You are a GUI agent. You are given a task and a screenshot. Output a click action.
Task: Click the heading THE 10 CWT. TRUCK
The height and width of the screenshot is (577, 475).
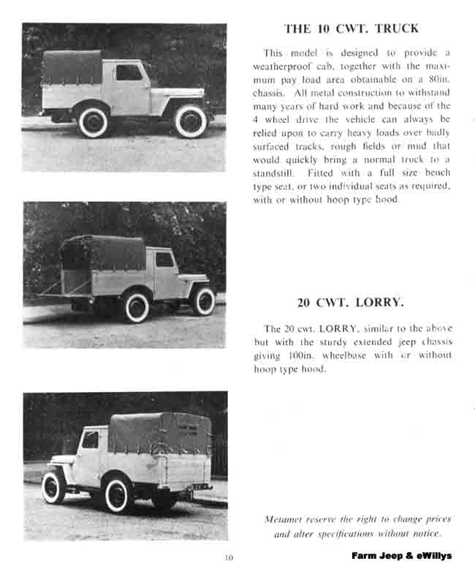(351, 29)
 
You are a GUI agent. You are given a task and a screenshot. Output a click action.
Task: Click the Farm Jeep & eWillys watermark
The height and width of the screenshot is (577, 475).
(401, 556)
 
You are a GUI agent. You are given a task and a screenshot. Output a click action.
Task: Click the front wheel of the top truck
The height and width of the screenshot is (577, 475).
(190, 121)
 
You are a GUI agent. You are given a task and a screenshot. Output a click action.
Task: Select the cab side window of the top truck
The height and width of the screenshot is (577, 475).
(129, 72)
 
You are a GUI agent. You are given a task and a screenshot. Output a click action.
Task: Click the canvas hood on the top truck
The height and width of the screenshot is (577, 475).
(73, 68)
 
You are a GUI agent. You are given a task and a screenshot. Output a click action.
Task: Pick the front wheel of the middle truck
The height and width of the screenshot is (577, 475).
(203, 301)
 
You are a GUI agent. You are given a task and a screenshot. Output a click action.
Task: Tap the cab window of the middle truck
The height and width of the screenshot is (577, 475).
(165, 260)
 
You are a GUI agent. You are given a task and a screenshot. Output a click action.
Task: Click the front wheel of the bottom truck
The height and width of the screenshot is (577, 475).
(53, 486)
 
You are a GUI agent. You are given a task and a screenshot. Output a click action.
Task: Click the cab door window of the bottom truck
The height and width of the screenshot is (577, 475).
(91, 440)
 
